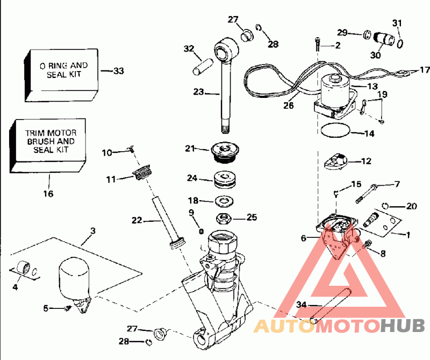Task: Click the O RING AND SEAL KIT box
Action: (x=62, y=75)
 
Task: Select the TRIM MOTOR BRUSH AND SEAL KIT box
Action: (x=48, y=145)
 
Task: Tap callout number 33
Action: (x=118, y=71)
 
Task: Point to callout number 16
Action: (x=48, y=194)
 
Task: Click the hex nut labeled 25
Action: (x=224, y=218)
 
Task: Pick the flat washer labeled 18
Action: (x=224, y=201)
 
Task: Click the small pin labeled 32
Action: (x=203, y=67)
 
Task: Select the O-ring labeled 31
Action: (x=400, y=44)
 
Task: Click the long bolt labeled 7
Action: (x=367, y=194)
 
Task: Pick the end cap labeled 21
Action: (x=225, y=152)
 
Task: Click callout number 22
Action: (x=137, y=220)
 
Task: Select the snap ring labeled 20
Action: (x=385, y=206)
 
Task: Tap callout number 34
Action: (x=301, y=305)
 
